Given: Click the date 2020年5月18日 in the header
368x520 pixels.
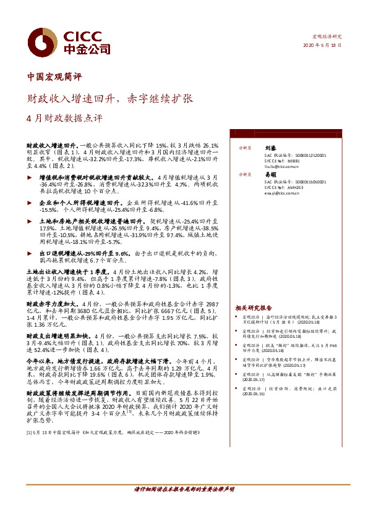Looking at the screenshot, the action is tap(322, 46).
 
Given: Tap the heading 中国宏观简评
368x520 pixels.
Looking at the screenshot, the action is tap(55, 78).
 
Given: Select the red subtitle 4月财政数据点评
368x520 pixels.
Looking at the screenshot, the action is tap(64, 117).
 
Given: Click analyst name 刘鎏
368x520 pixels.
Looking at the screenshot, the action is tap(270, 148).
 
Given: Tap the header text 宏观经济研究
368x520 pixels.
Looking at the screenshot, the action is tap(326, 38).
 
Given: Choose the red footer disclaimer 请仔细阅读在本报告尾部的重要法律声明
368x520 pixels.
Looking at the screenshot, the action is tap(184, 490).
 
